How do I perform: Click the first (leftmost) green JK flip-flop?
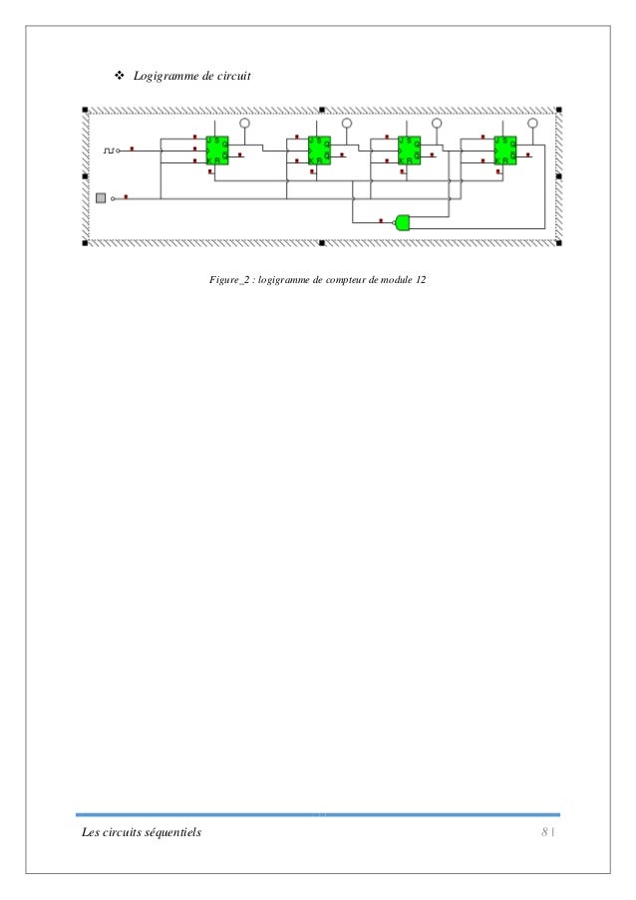[x=216, y=150]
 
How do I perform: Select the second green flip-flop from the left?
[x=318, y=150]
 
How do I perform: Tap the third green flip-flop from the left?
[x=409, y=150]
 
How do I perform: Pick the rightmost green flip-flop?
[x=505, y=150]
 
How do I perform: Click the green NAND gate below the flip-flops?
[x=403, y=221]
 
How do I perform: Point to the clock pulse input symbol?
[x=111, y=150]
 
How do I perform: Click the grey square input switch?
[x=100, y=198]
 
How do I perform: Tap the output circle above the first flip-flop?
[x=245, y=124]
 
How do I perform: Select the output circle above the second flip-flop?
[x=347, y=124]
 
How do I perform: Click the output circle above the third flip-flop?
[x=437, y=124]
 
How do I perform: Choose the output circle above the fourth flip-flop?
[x=532, y=124]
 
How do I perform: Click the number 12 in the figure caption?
[x=422, y=280]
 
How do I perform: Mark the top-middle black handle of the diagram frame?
[x=322, y=108]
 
